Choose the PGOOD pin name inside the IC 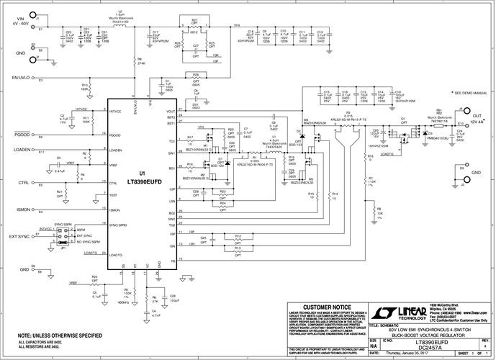117,134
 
